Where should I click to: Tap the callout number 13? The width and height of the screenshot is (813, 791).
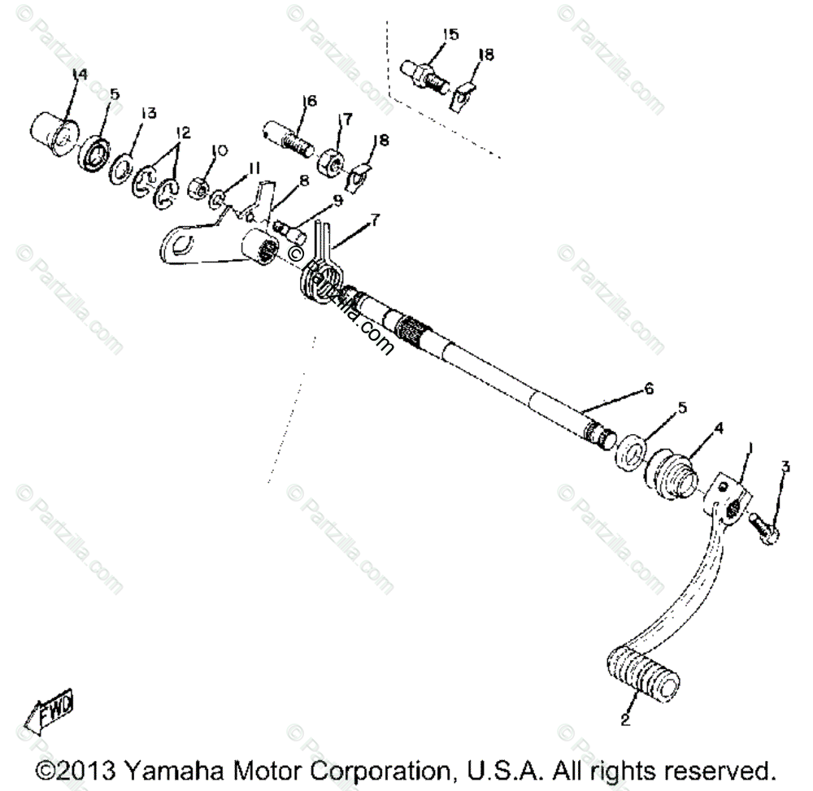(147, 113)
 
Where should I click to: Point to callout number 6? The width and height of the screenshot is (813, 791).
(648, 389)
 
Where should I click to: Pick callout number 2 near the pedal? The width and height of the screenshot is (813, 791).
(624, 719)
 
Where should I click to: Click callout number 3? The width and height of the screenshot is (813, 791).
(785, 466)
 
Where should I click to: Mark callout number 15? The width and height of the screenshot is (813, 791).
(450, 34)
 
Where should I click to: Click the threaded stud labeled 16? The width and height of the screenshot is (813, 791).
(292, 141)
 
